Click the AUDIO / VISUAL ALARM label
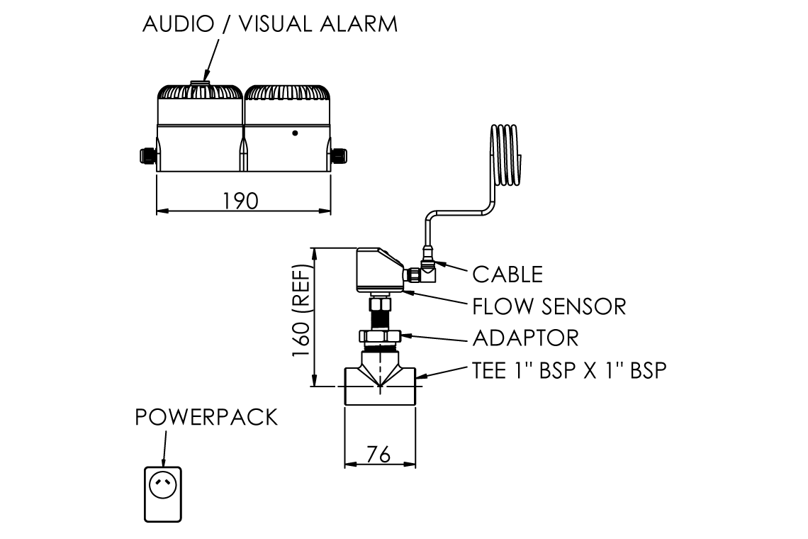pyautogui.click(x=270, y=23)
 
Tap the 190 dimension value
pyautogui.click(x=241, y=201)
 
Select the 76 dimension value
pyautogui.click(x=379, y=455)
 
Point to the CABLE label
pyautogui.click(x=507, y=274)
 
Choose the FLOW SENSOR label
pyautogui.click(x=549, y=306)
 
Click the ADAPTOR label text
pyautogui.click(x=525, y=338)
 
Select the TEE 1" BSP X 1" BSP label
pyautogui.click(x=569, y=370)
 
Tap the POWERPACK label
pyautogui.click(x=206, y=417)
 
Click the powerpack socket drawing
pyautogui.click(x=163, y=494)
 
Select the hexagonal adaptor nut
pyautogui.click(x=380, y=336)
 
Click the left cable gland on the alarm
pyautogui.click(x=146, y=154)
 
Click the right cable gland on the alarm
pyautogui.click(x=340, y=154)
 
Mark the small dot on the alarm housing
pyautogui.click(x=295, y=133)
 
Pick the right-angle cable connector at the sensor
pyautogui.click(x=427, y=267)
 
